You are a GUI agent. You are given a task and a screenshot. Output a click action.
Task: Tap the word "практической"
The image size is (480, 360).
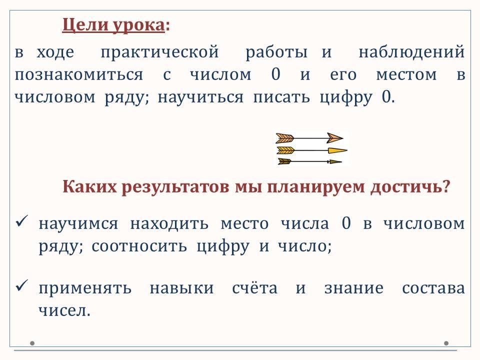point(160,52)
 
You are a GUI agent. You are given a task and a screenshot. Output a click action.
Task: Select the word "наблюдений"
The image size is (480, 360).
point(411,51)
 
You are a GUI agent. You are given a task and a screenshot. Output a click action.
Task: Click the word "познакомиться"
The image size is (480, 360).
point(79,74)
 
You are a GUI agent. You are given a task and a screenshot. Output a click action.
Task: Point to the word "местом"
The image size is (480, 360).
point(406,75)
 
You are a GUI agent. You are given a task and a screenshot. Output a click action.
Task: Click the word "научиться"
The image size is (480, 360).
point(201,97)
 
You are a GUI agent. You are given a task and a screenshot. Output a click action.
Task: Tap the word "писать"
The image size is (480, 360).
point(281,97)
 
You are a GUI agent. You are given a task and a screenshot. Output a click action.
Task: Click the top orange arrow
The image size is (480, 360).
point(309,138)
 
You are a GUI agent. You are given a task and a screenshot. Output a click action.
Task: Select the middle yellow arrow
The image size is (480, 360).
point(312,150)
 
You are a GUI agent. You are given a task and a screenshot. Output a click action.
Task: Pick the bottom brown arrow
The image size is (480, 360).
point(310,161)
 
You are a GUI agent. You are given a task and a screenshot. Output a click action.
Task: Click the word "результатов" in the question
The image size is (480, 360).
point(175,186)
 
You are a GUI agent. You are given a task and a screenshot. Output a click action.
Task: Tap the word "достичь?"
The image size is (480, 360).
point(410,186)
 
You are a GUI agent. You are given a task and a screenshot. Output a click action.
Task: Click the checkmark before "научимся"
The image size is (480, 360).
point(21,221)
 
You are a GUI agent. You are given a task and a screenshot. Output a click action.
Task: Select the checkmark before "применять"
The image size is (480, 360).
point(21,285)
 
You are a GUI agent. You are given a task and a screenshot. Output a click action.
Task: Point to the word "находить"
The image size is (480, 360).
point(169,224)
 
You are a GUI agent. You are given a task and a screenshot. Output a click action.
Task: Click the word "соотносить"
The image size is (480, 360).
point(139,246)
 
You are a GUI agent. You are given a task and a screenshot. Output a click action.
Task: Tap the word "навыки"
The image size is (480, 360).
point(182,288)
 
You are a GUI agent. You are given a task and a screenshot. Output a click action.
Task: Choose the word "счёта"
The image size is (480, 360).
point(254,288)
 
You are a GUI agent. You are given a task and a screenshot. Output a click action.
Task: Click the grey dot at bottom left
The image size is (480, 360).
point(32,343)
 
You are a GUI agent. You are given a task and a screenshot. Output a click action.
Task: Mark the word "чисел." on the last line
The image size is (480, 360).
point(64,311)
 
